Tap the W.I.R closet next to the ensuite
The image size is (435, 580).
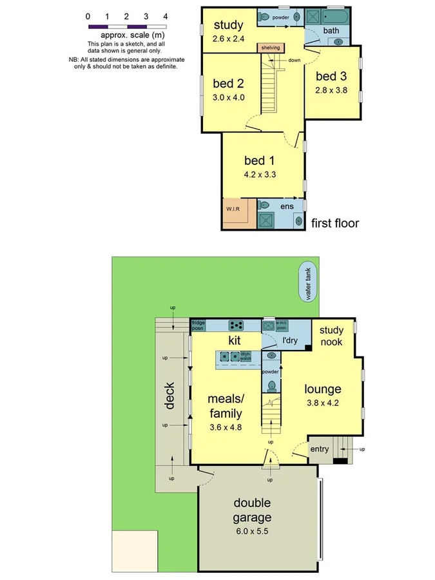pyautogui.click(x=233, y=209)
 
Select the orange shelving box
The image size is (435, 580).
pyautogui.click(x=269, y=47)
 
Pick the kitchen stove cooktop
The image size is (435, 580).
pyautogui.click(x=237, y=325)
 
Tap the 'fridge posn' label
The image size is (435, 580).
pyautogui.click(x=198, y=325)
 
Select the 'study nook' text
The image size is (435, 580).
pyautogui.click(x=331, y=336)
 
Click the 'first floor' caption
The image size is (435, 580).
pyautogui.click(x=334, y=223)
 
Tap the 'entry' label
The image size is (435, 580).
pyautogui.click(x=320, y=449)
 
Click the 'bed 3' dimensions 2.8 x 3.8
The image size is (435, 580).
pyautogui.click(x=331, y=90)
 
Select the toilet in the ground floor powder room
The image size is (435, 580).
pyautogui.click(x=271, y=385)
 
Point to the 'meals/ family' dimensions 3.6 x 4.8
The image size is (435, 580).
pyautogui.click(x=225, y=427)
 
